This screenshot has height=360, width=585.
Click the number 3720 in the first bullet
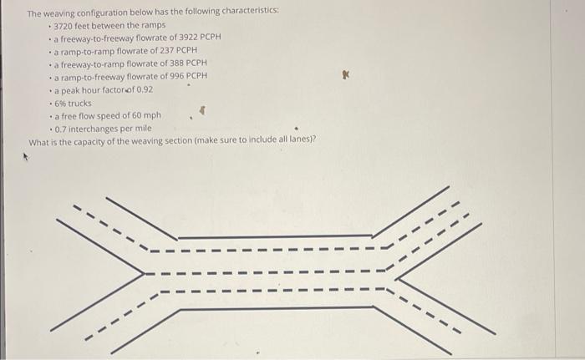click(64, 25)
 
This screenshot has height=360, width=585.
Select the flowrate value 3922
click(167, 38)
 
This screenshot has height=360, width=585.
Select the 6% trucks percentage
click(59, 103)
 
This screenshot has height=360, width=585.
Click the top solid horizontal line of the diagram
click(275, 236)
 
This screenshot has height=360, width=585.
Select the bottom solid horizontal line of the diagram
click(275, 309)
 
